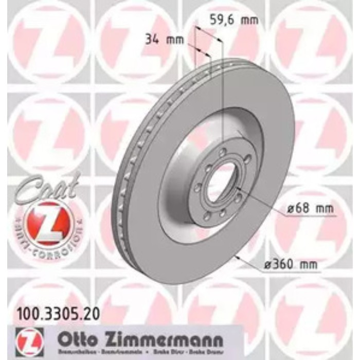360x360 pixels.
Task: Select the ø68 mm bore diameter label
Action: (x=310, y=209)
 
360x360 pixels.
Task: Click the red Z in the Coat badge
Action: (x=48, y=220)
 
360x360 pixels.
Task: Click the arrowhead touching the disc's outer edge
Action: (x=237, y=256)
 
